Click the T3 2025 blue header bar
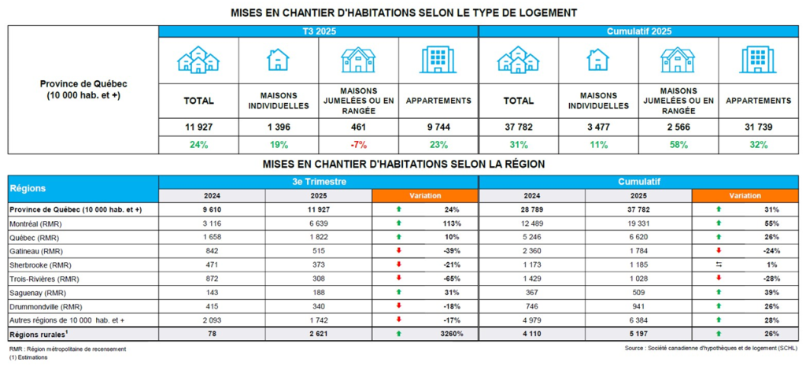coord(318,31)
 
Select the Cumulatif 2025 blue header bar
coord(638,31)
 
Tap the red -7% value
coord(358,145)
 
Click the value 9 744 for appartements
coord(438,127)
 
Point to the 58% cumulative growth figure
coord(677,145)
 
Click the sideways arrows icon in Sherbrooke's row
coord(718,265)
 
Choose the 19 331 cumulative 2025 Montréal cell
coord(638,224)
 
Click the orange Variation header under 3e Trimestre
coord(425,196)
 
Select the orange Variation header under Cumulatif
coord(745,196)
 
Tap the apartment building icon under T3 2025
coord(438,60)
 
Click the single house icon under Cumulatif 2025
coord(597,60)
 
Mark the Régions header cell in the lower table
coord(83,189)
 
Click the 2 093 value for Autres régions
coord(212,321)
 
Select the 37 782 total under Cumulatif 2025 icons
coord(518,127)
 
